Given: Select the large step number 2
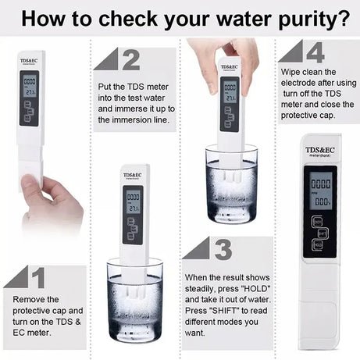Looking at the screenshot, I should [x=130, y=59].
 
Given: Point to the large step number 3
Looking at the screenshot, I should [x=222, y=249].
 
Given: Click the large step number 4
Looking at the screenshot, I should [x=315, y=52].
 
